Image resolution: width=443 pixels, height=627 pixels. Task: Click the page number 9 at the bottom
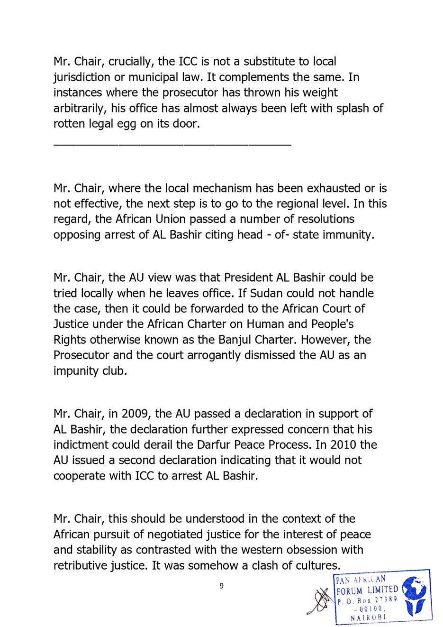click(x=221, y=586)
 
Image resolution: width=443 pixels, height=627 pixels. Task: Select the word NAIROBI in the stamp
click(x=368, y=618)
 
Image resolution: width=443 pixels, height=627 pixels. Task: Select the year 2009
click(x=135, y=414)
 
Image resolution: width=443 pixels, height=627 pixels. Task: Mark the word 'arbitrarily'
click(x=80, y=109)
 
